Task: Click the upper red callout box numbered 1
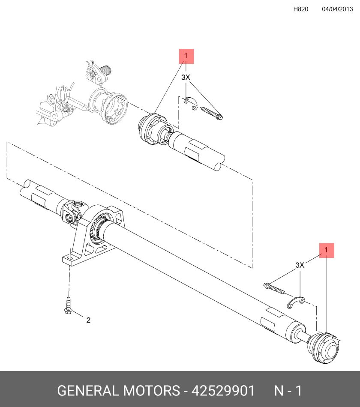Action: pos(186,56)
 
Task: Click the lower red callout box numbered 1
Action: pos(327,250)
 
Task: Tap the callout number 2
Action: pos(88,320)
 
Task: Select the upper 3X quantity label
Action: pos(186,77)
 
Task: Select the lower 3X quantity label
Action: pos(300,265)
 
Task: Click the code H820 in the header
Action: pos(301,9)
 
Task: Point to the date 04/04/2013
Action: pos(337,9)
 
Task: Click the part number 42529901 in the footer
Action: pos(223,391)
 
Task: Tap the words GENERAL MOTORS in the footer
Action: pos(118,391)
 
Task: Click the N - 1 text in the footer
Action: pos(288,391)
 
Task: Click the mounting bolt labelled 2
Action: pos(68,305)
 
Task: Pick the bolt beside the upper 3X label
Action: pos(212,114)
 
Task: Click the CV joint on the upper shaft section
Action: pos(154,129)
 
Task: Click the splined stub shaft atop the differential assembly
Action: pos(105,69)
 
